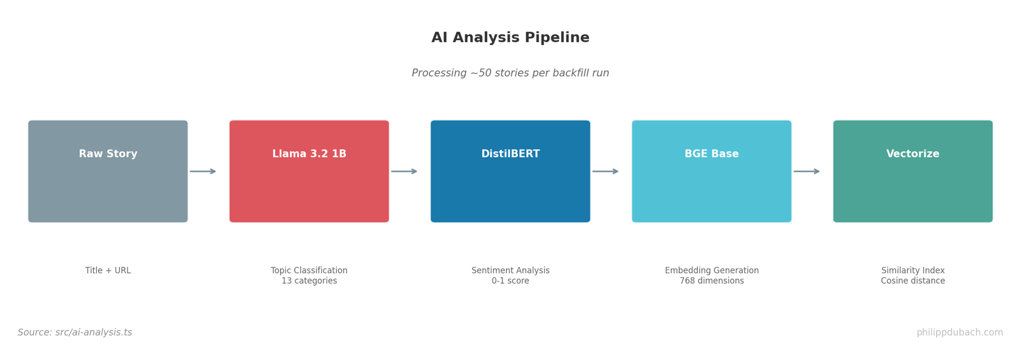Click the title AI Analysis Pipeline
pos(510,38)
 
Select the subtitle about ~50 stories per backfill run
pos(510,73)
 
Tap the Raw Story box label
pos(108,154)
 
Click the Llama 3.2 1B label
pos(309,154)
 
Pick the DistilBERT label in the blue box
pos(510,154)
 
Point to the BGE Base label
pos(711,154)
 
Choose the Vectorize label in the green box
pos(912,154)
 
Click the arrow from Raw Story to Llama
pos(203,171)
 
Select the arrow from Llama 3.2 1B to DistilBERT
pos(404,171)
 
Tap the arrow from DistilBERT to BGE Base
pos(605,171)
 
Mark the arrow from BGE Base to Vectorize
pos(806,171)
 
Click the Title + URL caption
pos(108,271)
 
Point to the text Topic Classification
pos(309,271)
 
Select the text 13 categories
pos(309,281)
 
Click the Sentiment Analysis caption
pos(510,271)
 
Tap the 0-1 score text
pos(510,281)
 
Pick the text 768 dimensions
pos(711,281)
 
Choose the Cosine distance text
pos(912,281)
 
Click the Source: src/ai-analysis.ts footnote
pos(75,332)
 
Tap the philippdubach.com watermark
pos(959,332)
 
